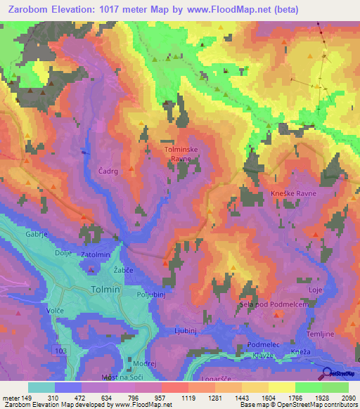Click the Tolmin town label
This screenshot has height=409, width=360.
(106, 290)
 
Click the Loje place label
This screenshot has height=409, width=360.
(314, 289)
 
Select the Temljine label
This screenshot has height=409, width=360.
(333, 318)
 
